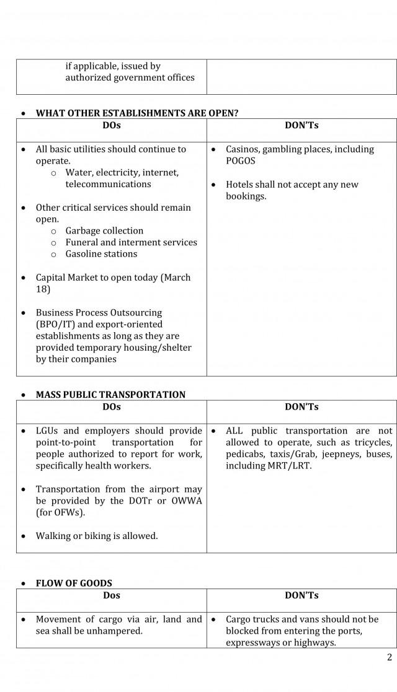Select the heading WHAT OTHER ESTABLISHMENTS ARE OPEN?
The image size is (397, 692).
pyautogui.click(x=136, y=113)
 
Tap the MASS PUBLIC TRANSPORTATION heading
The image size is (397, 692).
pyautogui.click(x=110, y=395)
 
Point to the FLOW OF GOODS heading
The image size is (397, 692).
pyautogui.click(x=74, y=583)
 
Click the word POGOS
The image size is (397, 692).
pyautogui.click(x=241, y=161)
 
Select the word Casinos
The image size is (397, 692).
pyautogui.click(x=244, y=149)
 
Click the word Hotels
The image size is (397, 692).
pyautogui.click(x=239, y=185)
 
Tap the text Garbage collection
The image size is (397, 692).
pyautogui.click(x=104, y=231)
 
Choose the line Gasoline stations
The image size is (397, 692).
pyautogui.click(x=101, y=254)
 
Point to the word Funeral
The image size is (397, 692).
pyautogui.click(x=83, y=242)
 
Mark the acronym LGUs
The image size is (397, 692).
pyautogui.click(x=47, y=431)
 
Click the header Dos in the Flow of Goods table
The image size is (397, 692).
pyautogui.click(x=112, y=595)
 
